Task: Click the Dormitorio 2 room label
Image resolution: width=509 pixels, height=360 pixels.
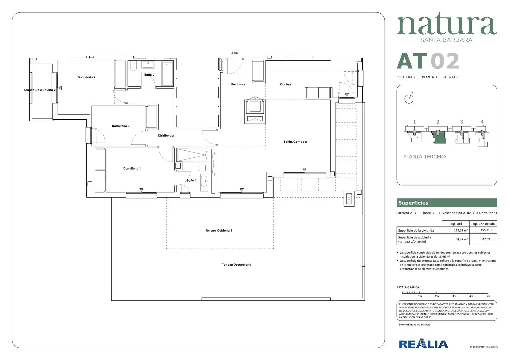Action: tap(86, 77)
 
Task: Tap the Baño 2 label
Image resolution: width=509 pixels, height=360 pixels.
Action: tap(149, 75)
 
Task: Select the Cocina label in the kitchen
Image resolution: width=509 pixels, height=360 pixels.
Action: tap(285, 84)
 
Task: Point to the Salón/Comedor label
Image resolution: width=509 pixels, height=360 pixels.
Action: tap(295, 142)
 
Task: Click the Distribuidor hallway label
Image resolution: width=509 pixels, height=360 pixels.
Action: tap(166, 136)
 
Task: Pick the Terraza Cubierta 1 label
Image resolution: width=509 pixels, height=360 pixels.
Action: tap(219, 231)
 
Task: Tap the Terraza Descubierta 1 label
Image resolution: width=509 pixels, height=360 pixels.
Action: tap(238, 265)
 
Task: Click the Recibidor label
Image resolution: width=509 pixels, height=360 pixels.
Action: tap(238, 84)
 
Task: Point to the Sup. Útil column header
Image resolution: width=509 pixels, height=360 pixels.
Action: tap(456, 224)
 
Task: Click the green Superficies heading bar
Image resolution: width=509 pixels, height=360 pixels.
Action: tap(447, 203)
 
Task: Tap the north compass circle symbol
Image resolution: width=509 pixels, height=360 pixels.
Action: tap(409, 99)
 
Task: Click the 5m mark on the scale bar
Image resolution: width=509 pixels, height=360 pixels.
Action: tap(488, 296)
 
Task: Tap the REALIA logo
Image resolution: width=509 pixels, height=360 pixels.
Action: tap(424, 344)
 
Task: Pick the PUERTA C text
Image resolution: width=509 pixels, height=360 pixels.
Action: tap(451, 77)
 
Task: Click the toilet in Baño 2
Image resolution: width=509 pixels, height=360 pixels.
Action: tap(133, 66)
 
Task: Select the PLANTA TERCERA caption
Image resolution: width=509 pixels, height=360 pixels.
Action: tap(425, 157)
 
